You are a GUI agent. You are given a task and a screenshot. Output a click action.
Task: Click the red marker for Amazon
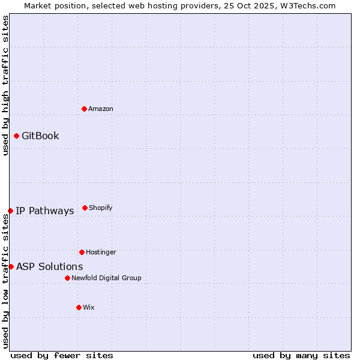coord(84,109)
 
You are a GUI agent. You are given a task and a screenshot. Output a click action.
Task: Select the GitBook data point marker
coord(16,136)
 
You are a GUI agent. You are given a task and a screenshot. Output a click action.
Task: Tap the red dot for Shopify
coord(85,208)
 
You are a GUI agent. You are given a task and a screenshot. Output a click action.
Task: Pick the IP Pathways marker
coord(10,211)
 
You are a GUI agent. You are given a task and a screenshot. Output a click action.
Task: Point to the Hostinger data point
coord(82,252)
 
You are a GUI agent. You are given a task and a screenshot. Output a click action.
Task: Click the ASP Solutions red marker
coord(11,266)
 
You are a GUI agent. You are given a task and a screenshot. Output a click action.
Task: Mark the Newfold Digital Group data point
coord(67,278)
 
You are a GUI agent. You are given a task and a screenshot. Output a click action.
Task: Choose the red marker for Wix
coord(79,307)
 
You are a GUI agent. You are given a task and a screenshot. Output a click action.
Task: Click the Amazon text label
coord(101,109)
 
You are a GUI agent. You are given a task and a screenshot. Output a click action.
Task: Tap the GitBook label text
coord(40,136)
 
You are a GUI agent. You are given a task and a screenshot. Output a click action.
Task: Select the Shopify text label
coord(100,208)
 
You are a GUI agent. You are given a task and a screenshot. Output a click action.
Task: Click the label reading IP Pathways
coord(44,211)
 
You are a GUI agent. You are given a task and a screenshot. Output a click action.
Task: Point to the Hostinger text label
coord(101,252)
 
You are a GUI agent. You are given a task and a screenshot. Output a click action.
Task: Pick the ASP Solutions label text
coord(49,266)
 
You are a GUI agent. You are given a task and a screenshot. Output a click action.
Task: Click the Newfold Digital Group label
coord(106,278)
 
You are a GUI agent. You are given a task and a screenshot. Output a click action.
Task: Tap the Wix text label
coord(89,307)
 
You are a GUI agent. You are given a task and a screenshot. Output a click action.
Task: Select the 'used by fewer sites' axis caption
coord(62,355)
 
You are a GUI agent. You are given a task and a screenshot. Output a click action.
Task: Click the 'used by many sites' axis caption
coord(301,355)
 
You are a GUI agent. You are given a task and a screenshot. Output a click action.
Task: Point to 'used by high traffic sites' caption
coord(5,85)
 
